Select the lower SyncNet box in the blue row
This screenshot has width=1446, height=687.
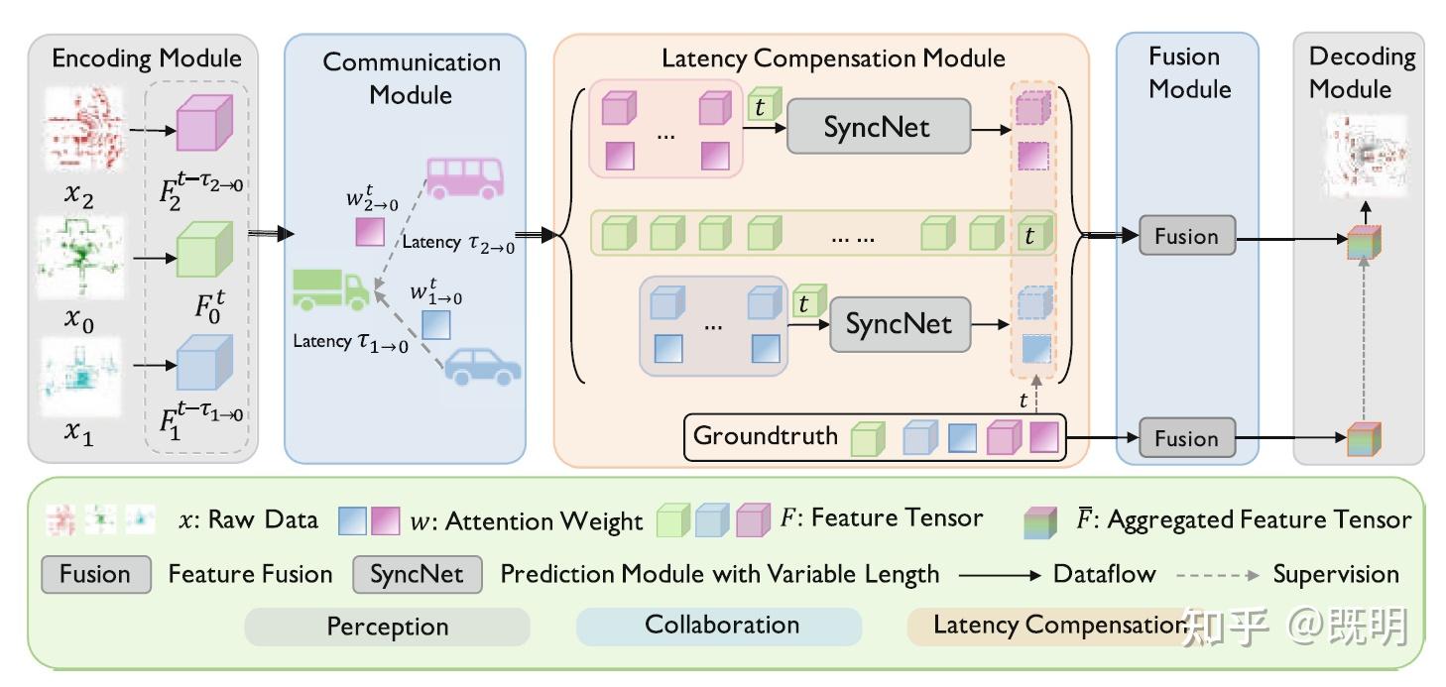pyautogui.click(x=899, y=324)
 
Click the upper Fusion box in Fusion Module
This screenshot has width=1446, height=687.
pyautogui.click(x=1185, y=237)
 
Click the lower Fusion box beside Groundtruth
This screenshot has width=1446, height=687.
pyautogui.click(x=1185, y=438)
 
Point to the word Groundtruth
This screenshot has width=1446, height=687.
pyautogui.click(x=765, y=436)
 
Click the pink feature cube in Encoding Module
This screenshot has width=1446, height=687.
pyautogui.click(x=202, y=128)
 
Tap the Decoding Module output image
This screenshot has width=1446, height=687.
pyautogui.click(x=1364, y=155)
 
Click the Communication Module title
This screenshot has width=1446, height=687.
pyautogui.click(x=412, y=78)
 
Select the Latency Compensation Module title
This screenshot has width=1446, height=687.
pyautogui.click(x=833, y=58)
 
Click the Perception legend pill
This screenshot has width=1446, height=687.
pyautogui.click(x=387, y=627)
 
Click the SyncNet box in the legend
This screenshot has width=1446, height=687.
pyautogui.click(x=417, y=574)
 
